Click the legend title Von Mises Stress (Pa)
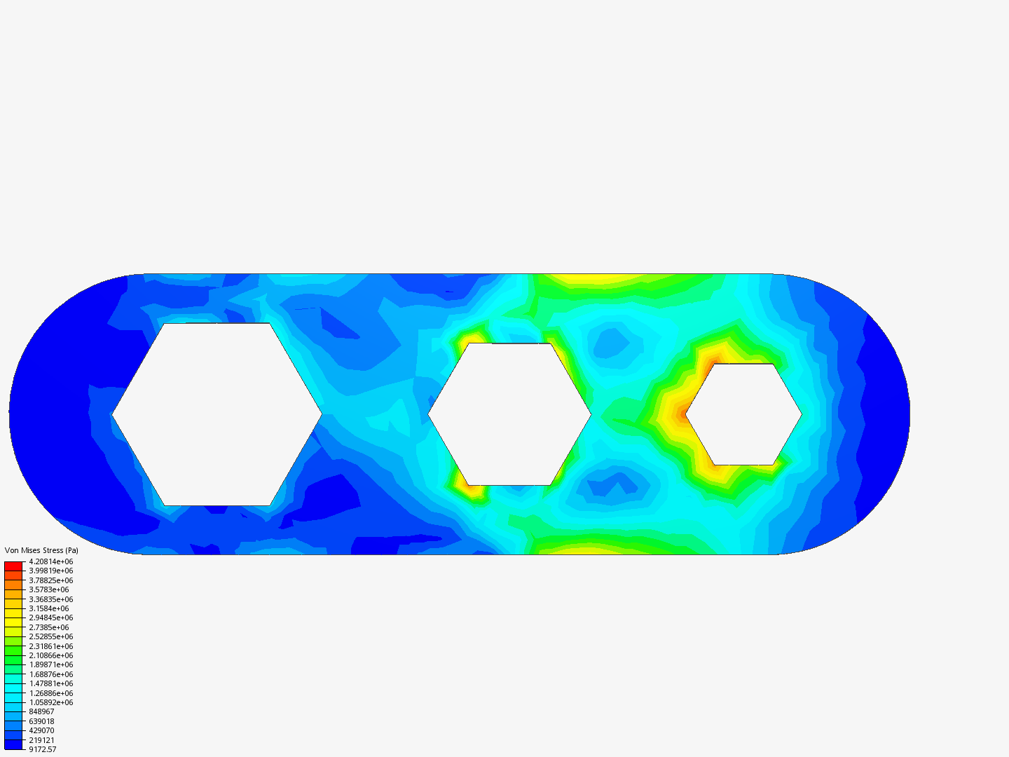point(41,550)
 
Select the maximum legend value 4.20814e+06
point(51,561)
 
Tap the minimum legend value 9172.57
point(42,750)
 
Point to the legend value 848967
point(41,712)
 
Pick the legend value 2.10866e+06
point(51,655)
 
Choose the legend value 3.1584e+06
point(49,608)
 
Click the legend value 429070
point(41,731)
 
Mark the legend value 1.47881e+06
point(51,684)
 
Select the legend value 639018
point(41,722)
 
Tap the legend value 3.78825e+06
point(51,580)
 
